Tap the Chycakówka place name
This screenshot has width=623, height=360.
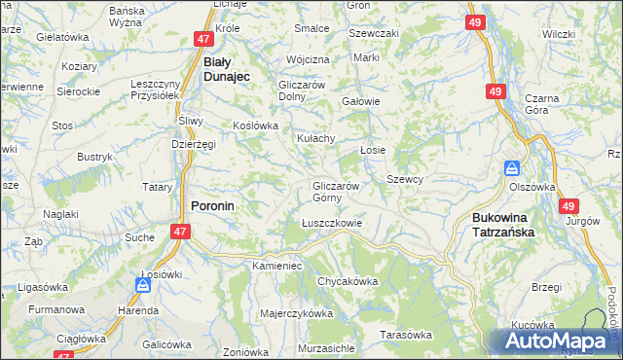click(x=347, y=281)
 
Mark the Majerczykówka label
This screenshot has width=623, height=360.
click(x=297, y=314)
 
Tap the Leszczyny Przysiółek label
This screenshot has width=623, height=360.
click(x=157, y=90)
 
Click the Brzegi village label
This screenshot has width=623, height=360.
click(x=547, y=287)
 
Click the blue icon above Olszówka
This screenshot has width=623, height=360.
click(x=512, y=167)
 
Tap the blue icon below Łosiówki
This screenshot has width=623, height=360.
click(x=143, y=285)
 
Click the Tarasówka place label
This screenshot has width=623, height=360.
click(x=406, y=335)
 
